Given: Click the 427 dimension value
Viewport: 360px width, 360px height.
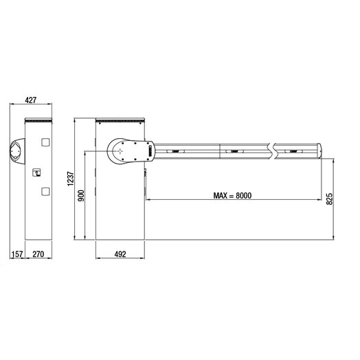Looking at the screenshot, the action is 31,100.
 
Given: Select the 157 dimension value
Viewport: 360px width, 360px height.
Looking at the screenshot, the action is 17,254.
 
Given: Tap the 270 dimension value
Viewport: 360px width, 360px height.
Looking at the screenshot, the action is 38,254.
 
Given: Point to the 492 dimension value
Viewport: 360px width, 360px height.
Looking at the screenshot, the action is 120,254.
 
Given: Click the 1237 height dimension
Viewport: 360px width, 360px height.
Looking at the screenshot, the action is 71,179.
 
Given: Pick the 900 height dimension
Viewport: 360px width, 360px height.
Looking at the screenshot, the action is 81,196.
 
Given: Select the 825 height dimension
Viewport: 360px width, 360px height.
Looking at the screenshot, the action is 330,199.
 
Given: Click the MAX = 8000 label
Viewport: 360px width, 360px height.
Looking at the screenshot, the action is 232,196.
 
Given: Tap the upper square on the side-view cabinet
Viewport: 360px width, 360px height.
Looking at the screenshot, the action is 45,142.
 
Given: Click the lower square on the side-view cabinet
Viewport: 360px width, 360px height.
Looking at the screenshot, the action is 45,191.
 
